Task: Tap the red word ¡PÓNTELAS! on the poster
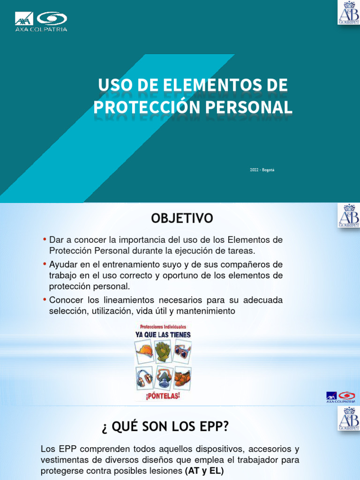click(163, 397)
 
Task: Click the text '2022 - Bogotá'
click(262, 170)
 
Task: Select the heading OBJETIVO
click(181, 218)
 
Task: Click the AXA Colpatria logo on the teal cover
click(41, 21)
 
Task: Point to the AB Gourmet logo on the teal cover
click(349, 12)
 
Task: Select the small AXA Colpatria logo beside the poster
click(341, 397)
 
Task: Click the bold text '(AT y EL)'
click(205, 470)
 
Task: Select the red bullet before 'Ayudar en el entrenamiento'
click(45, 264)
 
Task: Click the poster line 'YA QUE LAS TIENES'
click(163, 335)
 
